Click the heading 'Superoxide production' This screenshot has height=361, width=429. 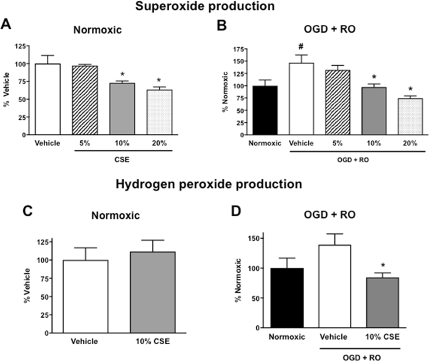pos(214,7)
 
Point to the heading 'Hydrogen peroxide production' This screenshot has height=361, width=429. pos(214,186)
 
